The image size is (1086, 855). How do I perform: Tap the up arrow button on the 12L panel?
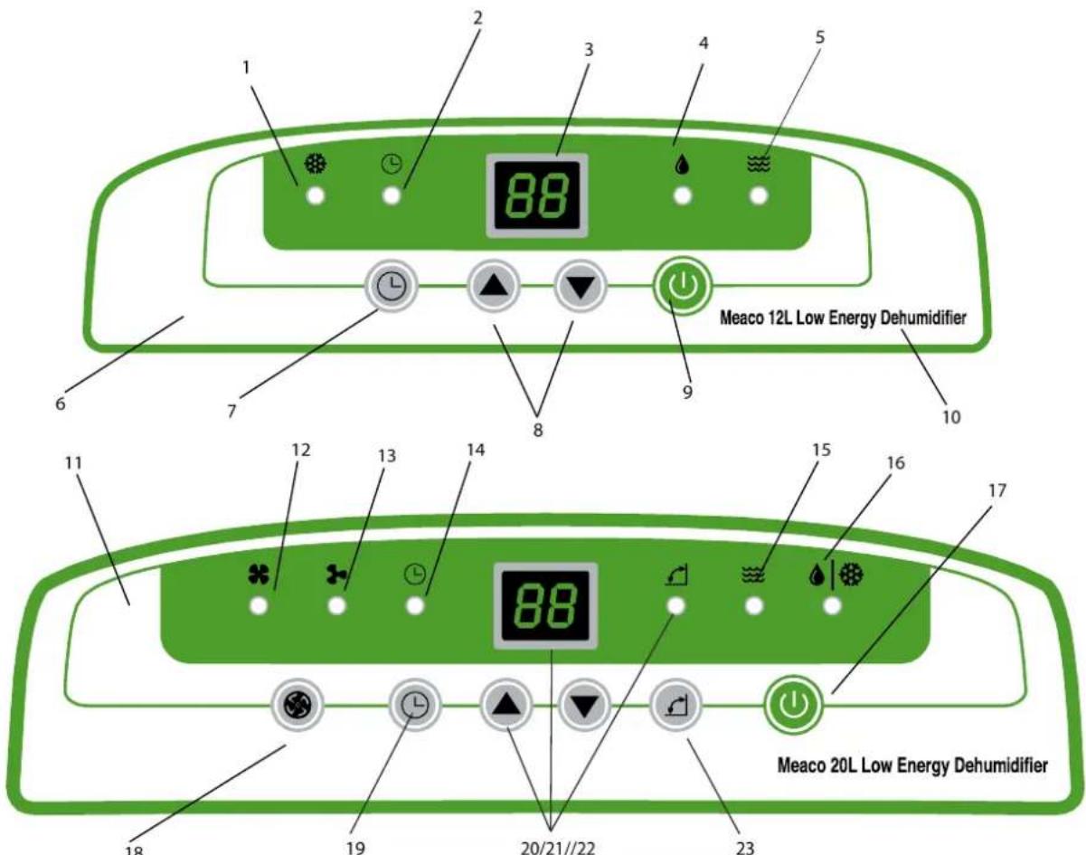[x=494, y=286]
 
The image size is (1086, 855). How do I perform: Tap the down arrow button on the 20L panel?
[x=584, y=705]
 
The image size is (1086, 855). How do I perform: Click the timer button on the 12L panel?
[x=392, y=286]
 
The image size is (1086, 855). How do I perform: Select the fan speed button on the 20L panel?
[x=297, y=705]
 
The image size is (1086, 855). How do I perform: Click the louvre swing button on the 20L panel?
[x=676, y=705]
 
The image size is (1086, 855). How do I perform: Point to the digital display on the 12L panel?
[x=537, y=195]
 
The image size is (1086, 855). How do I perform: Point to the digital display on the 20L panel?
[x=545, y=605]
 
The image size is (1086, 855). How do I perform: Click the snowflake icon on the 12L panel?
[x=316, y=164]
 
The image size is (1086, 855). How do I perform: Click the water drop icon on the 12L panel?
[x=682, y=164]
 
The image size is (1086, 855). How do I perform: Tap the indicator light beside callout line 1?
[x=316, y=196]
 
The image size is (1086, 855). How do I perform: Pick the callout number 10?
[x=950, y=417]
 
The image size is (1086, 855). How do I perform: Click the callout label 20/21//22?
[x=558, y=847]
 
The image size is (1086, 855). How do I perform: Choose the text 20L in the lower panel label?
[x=842, y=765]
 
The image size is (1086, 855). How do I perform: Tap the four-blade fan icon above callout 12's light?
[x=259, y=575]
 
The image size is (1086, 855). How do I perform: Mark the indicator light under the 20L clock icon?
[x=415, y=605]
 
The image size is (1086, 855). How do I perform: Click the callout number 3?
[x=588, y=50]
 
